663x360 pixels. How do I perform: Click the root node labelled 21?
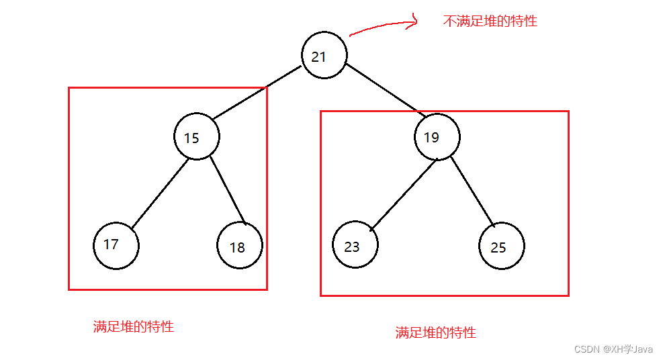pos(324,56)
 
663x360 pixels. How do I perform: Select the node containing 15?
pos(197,137)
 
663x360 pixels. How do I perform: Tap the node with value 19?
pos(437,137)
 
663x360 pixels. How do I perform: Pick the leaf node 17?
pos(116,246)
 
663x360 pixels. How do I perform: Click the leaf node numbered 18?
pos(240,246)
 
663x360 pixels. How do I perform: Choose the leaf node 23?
pos(355,246)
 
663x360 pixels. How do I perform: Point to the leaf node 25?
pos(502,246)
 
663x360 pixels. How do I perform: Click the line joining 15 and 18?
pos(227,191)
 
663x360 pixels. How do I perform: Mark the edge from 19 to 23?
pos(404,194)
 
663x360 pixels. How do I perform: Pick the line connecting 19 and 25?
pos(472,191)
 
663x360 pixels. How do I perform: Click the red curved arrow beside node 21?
pos(383,26)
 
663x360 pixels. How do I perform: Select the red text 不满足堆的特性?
pos(490,21)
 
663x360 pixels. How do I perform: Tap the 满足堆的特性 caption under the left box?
pos(133,327)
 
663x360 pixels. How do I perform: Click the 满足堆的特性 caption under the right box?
pos(435,332)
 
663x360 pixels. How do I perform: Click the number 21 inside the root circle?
pos(318,57)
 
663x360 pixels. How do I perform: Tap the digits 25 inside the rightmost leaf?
pos(498,247)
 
